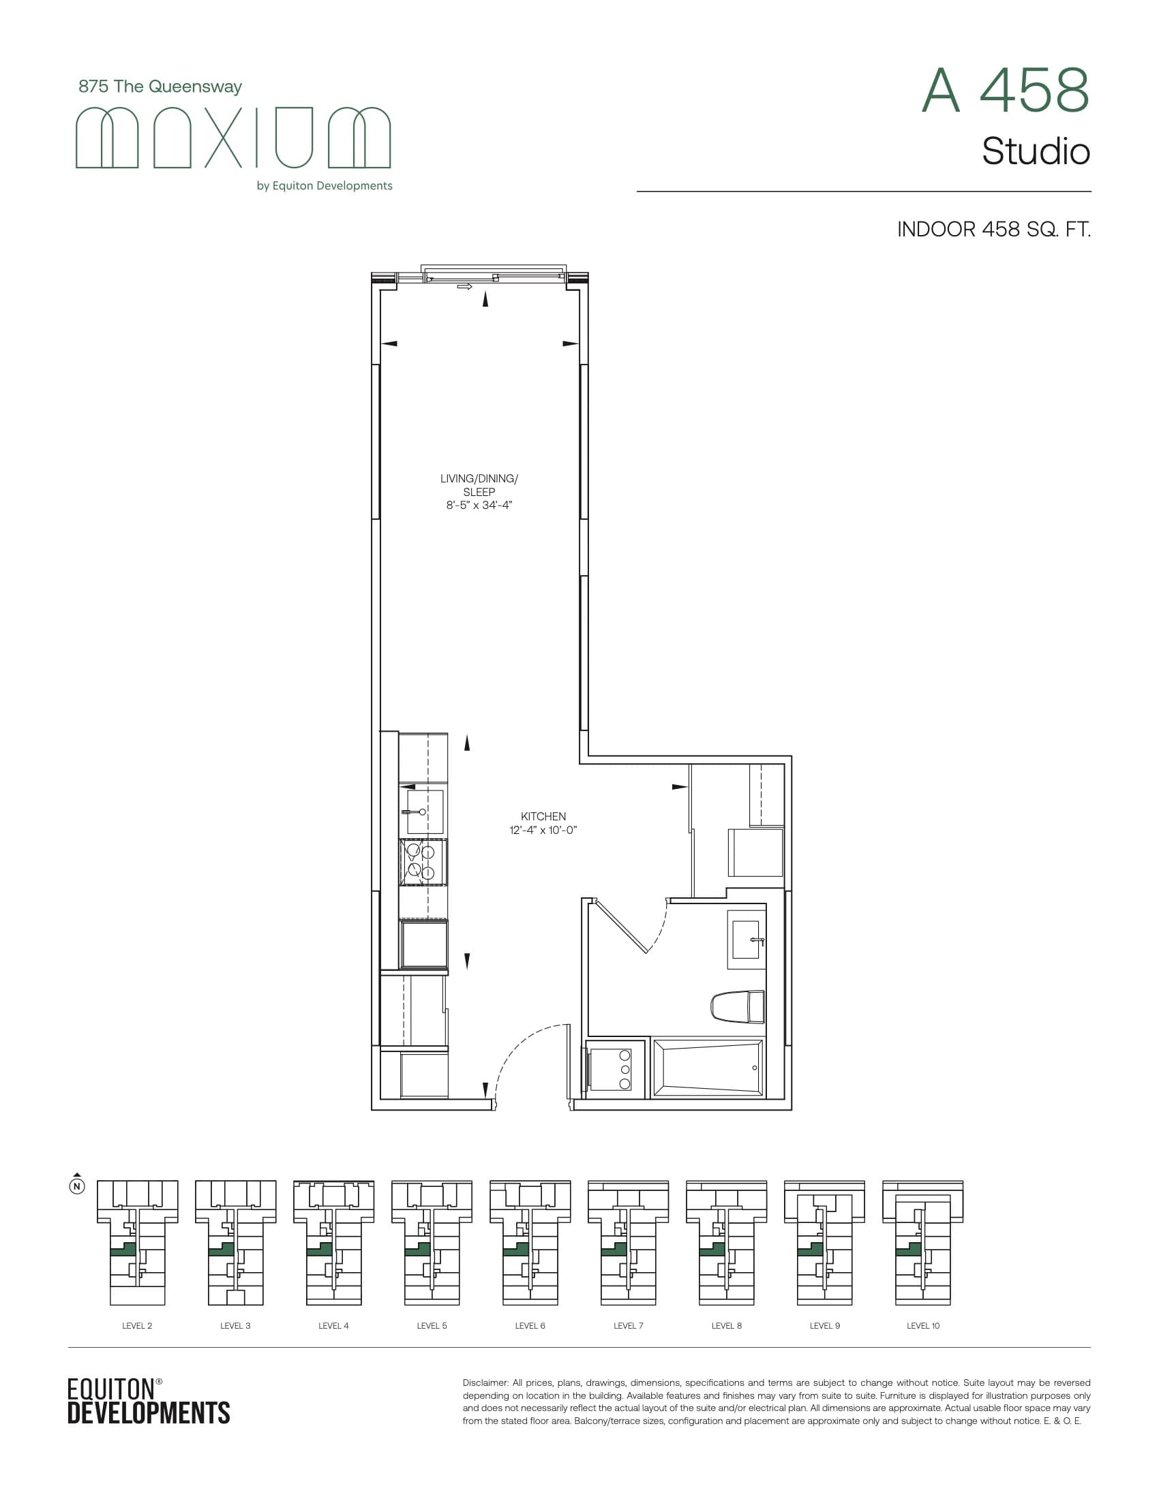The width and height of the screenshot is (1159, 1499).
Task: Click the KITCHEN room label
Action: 543,816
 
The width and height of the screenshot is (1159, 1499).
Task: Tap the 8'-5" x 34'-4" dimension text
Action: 479,505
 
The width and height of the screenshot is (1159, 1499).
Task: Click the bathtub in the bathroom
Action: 708,1068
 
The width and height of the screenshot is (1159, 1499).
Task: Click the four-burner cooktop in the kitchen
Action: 421,862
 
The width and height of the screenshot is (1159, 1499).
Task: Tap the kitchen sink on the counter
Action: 423,812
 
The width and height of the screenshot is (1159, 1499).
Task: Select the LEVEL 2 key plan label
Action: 137,1325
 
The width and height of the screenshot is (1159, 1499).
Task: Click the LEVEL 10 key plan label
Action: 923,1325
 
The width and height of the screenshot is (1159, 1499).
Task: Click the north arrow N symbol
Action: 78,1186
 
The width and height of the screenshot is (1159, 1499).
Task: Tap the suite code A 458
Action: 1005,91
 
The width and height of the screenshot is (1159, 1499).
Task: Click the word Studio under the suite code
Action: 1036,152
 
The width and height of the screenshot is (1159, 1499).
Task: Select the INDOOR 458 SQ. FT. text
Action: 993,229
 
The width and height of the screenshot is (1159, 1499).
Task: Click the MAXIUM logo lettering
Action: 232,137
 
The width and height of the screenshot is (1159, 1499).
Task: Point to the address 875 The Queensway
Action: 160,87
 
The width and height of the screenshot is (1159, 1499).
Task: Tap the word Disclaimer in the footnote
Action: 484,1383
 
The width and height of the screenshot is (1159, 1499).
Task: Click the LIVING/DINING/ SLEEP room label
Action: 479,484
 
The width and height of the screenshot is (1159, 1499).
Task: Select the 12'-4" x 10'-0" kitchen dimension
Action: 543,830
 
